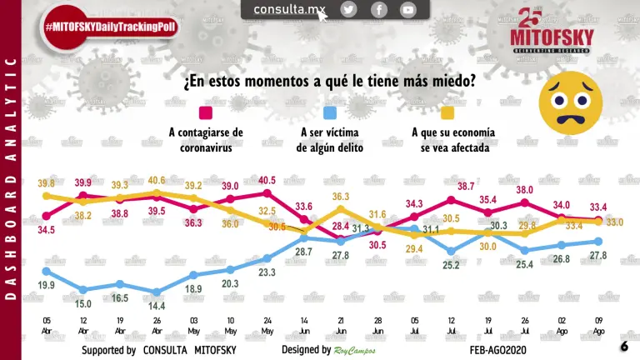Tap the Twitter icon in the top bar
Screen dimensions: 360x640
348,10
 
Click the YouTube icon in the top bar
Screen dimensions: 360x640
407,10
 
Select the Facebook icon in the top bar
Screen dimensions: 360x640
378,10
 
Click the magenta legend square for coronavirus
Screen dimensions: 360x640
206,113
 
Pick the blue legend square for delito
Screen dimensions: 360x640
329,113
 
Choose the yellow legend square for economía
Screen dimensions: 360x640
447,113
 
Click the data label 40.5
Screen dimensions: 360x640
267,181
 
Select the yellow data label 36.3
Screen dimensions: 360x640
341,197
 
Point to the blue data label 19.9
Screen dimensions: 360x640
47,286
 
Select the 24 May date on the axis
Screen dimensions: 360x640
267,325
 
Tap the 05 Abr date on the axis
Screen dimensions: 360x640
47,325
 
